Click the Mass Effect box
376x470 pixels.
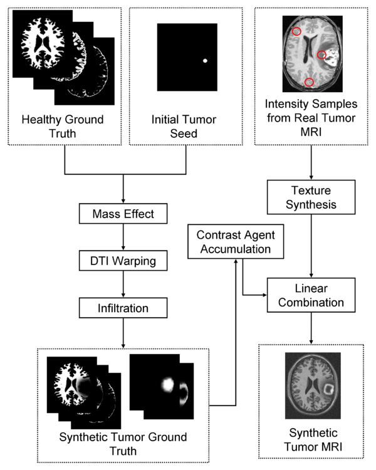123,215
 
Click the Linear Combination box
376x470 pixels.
311,295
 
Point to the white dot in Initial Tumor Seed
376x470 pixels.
205,61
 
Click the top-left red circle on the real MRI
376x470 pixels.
296,31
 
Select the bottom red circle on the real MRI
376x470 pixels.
308,83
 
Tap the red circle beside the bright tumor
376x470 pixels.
321,55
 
